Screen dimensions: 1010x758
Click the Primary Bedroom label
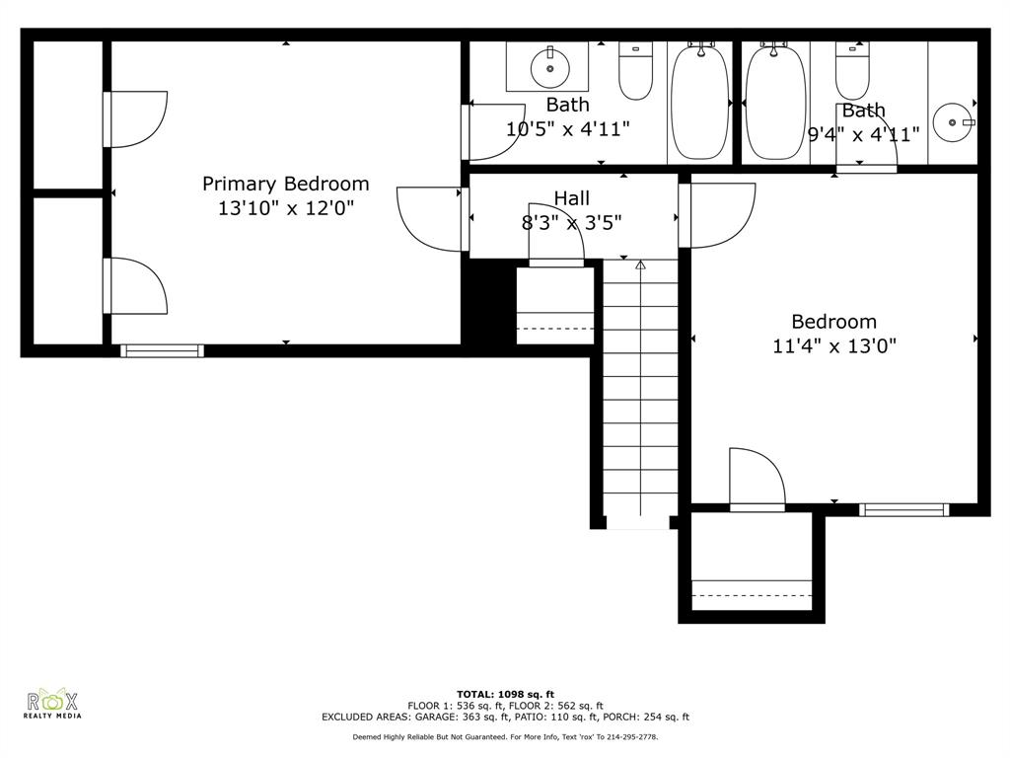(x=286, y=185)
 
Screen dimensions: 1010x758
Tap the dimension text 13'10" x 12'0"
(x=286, y=208)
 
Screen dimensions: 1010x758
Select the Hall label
(x=572, y=198)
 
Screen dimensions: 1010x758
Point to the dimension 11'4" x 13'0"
(x=834, y=346)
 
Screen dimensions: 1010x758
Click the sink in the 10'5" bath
(x=550, y=67)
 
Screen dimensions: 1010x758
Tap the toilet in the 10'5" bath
(x=636, y=71)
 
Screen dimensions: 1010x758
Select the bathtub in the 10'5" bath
(x=699, y=102)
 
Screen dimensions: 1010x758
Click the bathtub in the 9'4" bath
(x=775, y=102)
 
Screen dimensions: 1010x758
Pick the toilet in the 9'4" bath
(x=852, y=71)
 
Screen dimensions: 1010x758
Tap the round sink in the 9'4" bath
(x=953, y=121)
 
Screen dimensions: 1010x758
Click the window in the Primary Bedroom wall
(x=163, y=350)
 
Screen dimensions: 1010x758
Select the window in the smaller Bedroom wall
(x=903, y=510)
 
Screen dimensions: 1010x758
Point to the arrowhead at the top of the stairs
(x=640, y=265)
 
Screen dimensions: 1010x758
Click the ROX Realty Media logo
(x=52, y=703)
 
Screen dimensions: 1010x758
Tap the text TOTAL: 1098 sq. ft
(x=506, y=694)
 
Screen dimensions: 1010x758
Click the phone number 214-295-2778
(x=631, y=736)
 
